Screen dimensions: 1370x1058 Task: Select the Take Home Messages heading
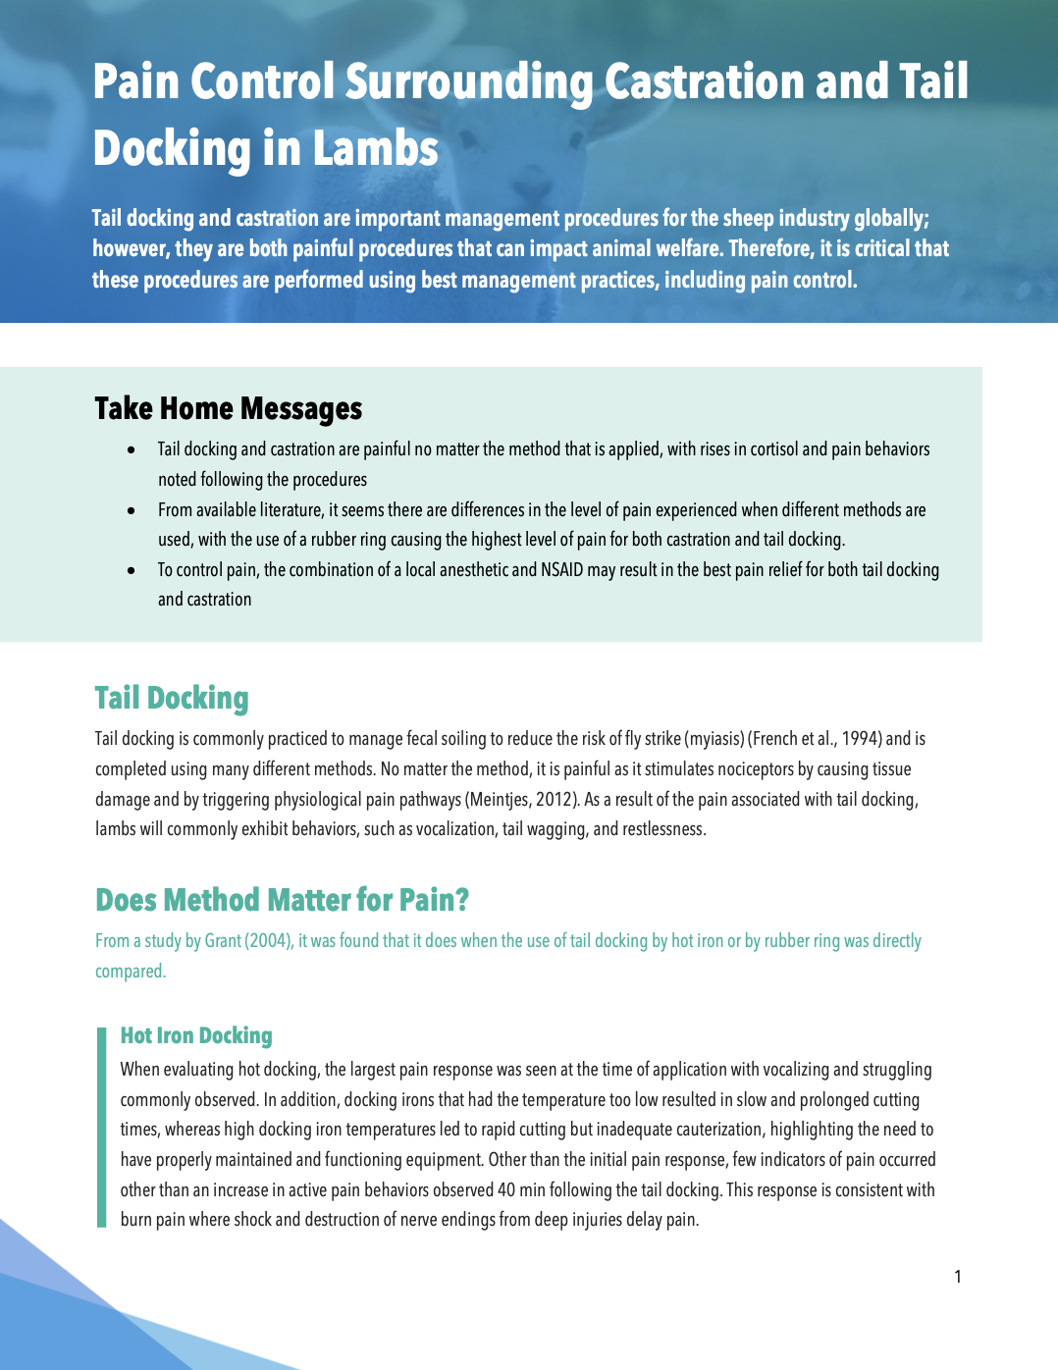[x=228, y=408]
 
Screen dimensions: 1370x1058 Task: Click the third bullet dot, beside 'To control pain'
[x=132, y=570]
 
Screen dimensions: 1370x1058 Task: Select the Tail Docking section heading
[x=172, y=698]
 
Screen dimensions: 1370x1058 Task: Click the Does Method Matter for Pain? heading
[x=282, y=900]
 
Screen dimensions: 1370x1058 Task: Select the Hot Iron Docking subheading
[x=196, y=1035]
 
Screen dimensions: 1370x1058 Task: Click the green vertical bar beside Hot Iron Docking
[x=101, y=1129]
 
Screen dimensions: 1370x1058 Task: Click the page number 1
[x=958, y=1277]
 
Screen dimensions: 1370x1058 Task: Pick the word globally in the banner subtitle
[x=890, y=218]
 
